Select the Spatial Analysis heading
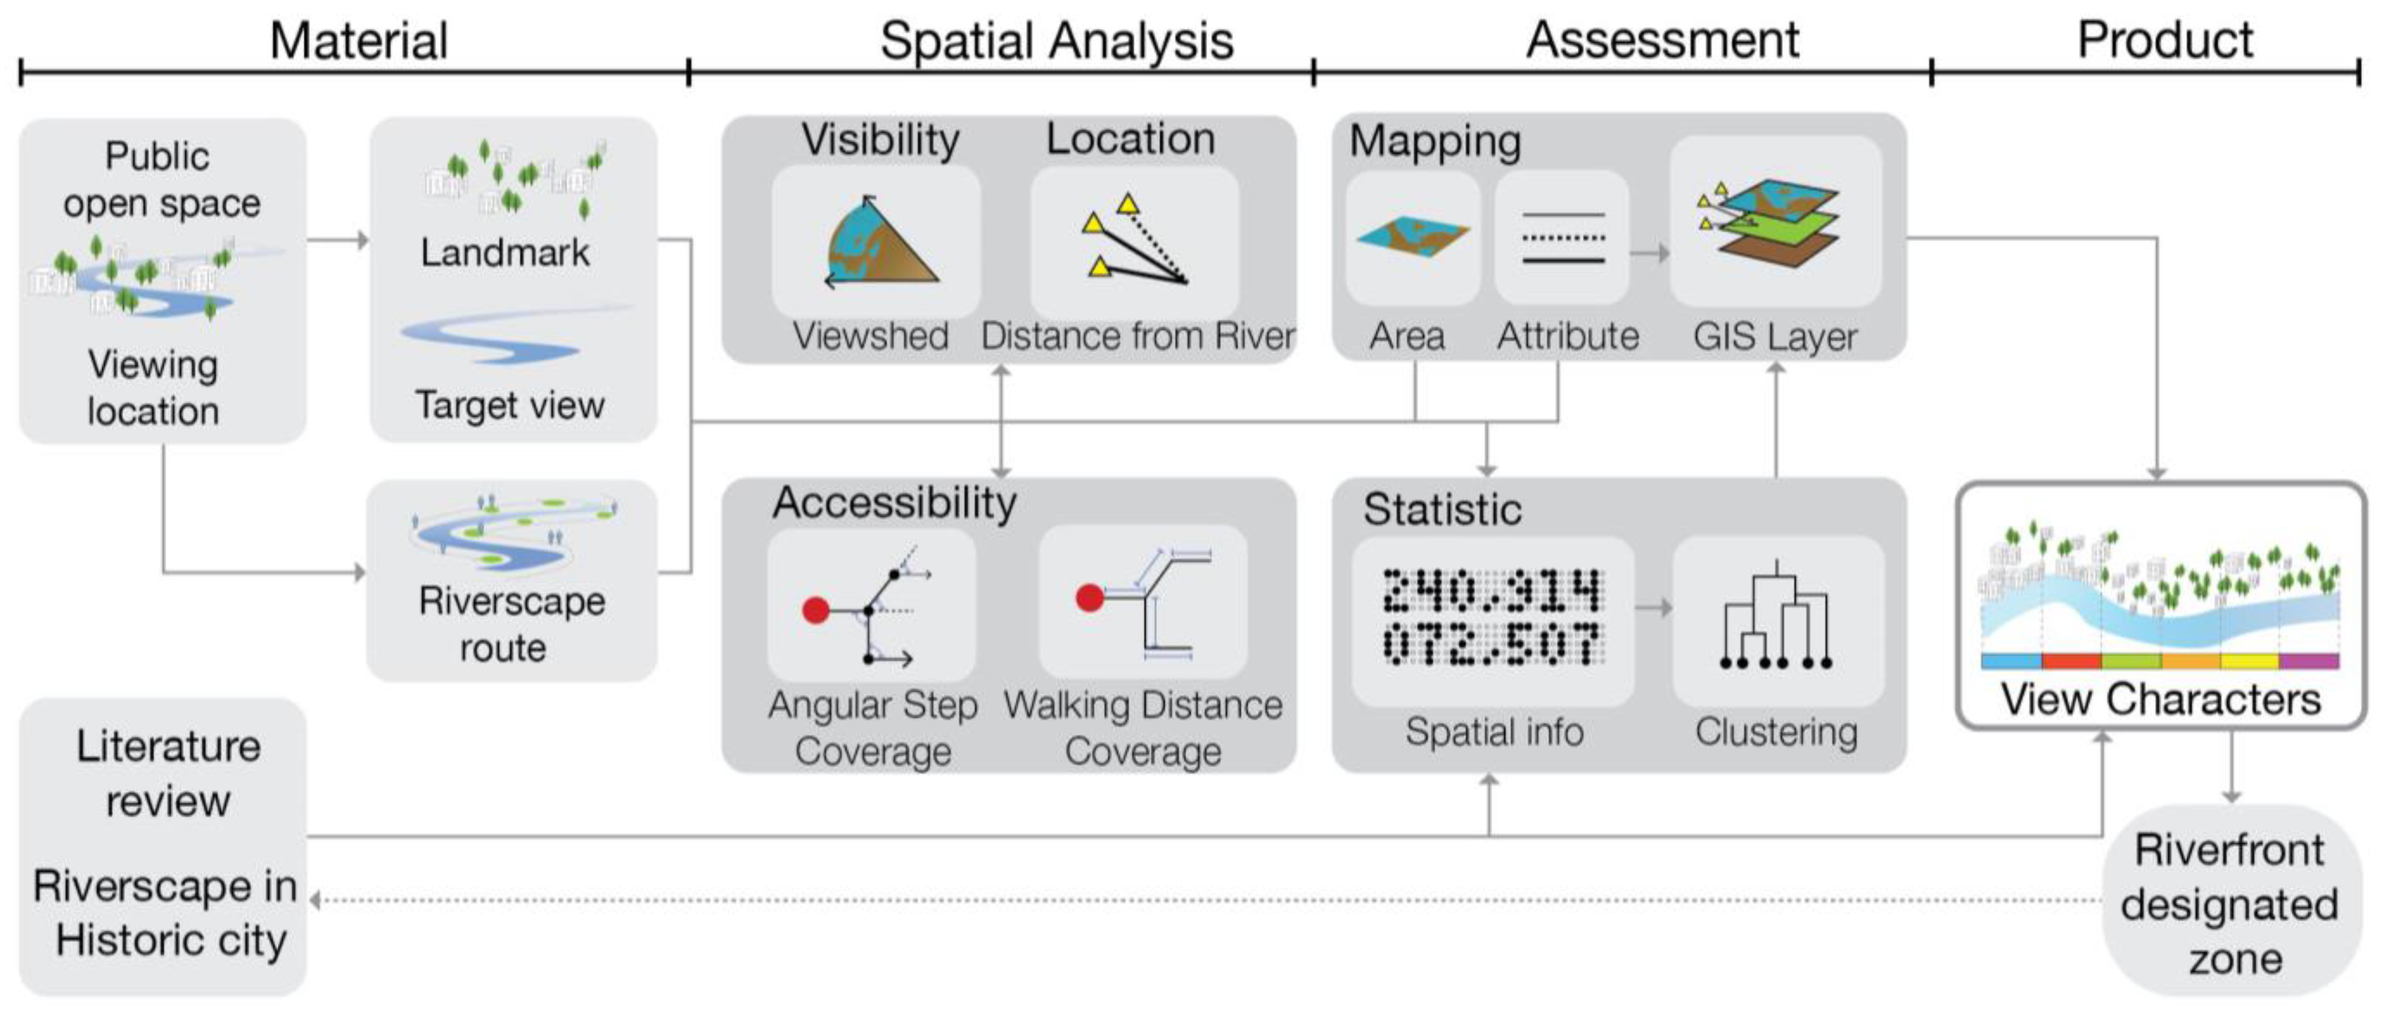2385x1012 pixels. [x=1056, y=41]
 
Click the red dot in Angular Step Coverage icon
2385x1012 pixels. [x=816, y=610]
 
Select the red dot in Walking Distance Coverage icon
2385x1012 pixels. [x=1090, y=597]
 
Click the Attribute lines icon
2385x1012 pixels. [x=1563, y=238]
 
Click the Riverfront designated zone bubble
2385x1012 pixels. [x=2231, y=904]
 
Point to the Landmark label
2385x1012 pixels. [x=505, y=252]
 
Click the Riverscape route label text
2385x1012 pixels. [x=511, y=624]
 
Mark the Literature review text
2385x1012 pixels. [x=168, y=772]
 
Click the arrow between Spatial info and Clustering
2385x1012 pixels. [x=1652, y=608]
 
